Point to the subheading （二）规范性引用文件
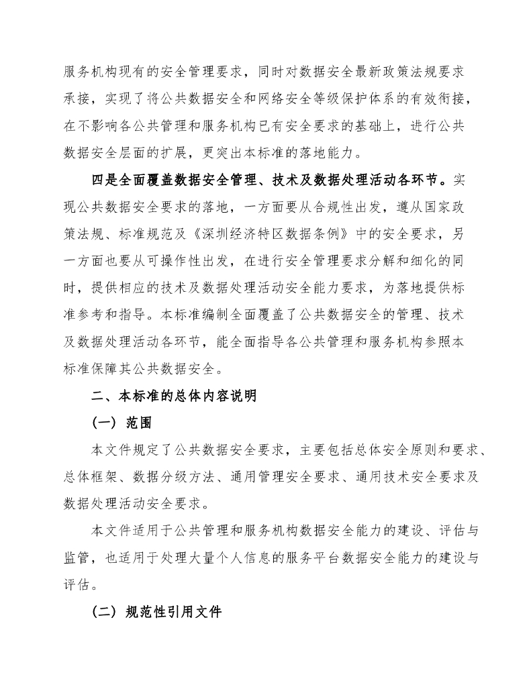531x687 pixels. [156, 613]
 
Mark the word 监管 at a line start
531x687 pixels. [77, 558]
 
